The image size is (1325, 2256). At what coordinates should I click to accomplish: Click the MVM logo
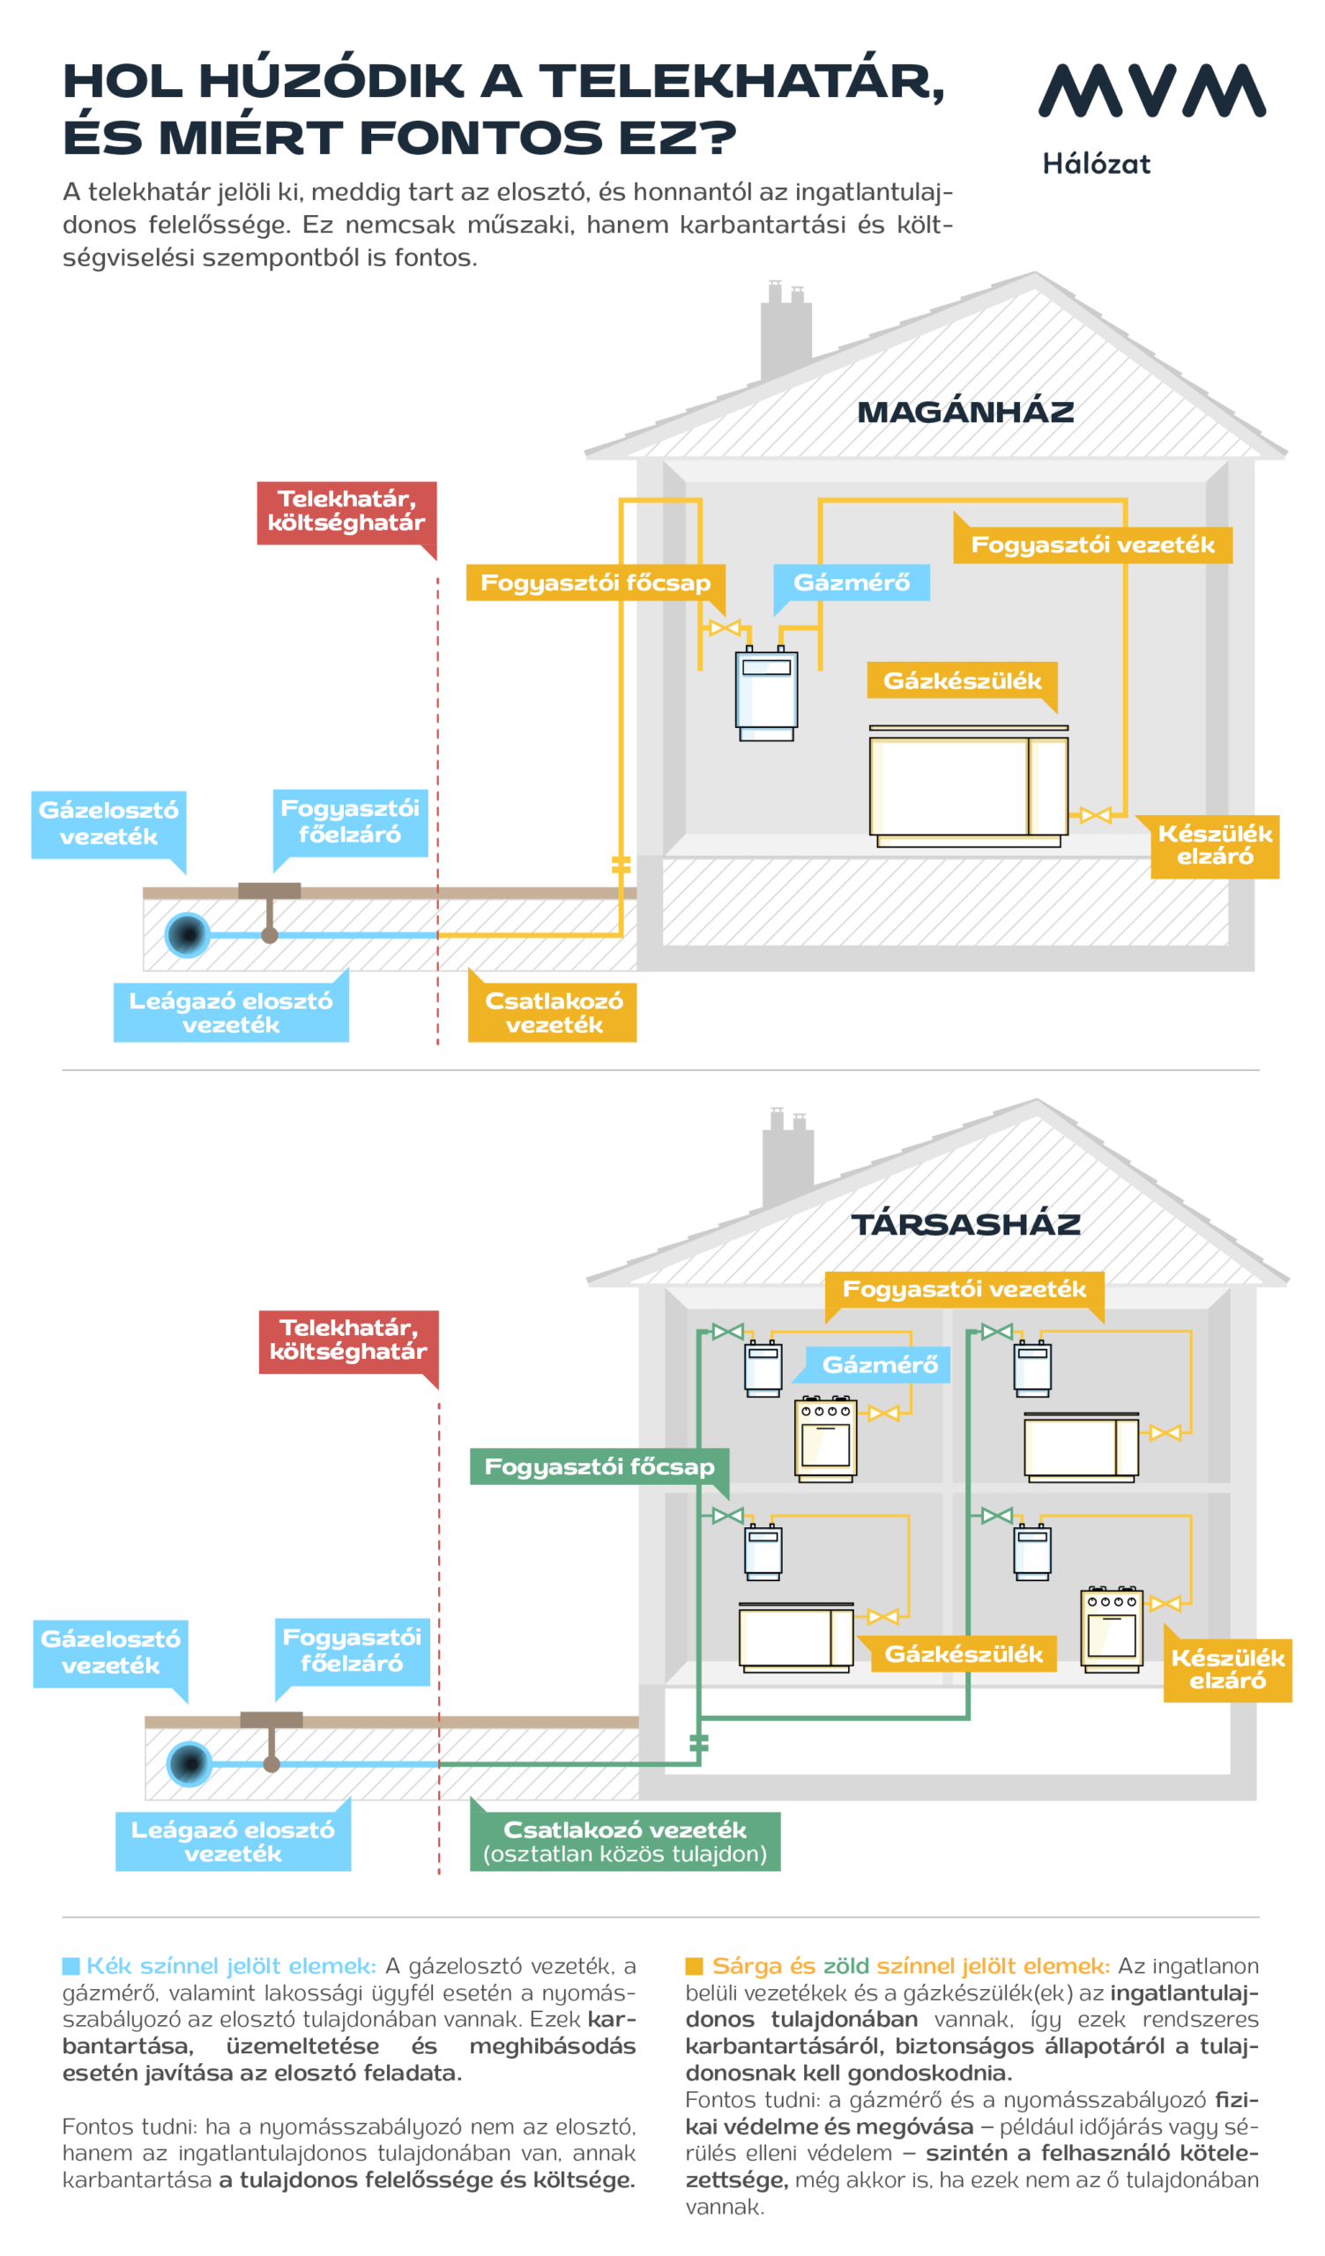1151,91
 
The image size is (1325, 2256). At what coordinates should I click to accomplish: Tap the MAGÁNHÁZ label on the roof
965,412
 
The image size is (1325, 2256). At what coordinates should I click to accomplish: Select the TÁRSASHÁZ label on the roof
965,1224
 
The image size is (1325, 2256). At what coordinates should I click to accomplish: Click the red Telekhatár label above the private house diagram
346,513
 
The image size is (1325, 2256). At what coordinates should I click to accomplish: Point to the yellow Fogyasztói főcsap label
595,583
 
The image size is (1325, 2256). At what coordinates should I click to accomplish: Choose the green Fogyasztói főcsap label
599,1466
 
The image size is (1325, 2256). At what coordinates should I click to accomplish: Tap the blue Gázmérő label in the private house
852,583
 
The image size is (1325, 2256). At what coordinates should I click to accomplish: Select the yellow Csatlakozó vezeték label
553,1013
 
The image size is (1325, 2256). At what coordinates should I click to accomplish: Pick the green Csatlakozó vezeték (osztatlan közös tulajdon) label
625,1842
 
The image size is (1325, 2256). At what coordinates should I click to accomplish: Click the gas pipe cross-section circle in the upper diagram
187,935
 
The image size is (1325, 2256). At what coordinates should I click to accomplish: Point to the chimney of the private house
785,331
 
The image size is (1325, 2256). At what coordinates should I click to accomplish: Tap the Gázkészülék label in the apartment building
964,1653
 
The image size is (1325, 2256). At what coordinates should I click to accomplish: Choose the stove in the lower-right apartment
1111,1629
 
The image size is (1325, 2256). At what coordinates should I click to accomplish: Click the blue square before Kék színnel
71,1966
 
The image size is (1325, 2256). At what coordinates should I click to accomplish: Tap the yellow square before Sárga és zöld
694,1966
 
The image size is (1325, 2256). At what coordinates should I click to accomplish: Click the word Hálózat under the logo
1096,164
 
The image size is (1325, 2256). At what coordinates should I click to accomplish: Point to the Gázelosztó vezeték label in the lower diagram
110,1652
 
